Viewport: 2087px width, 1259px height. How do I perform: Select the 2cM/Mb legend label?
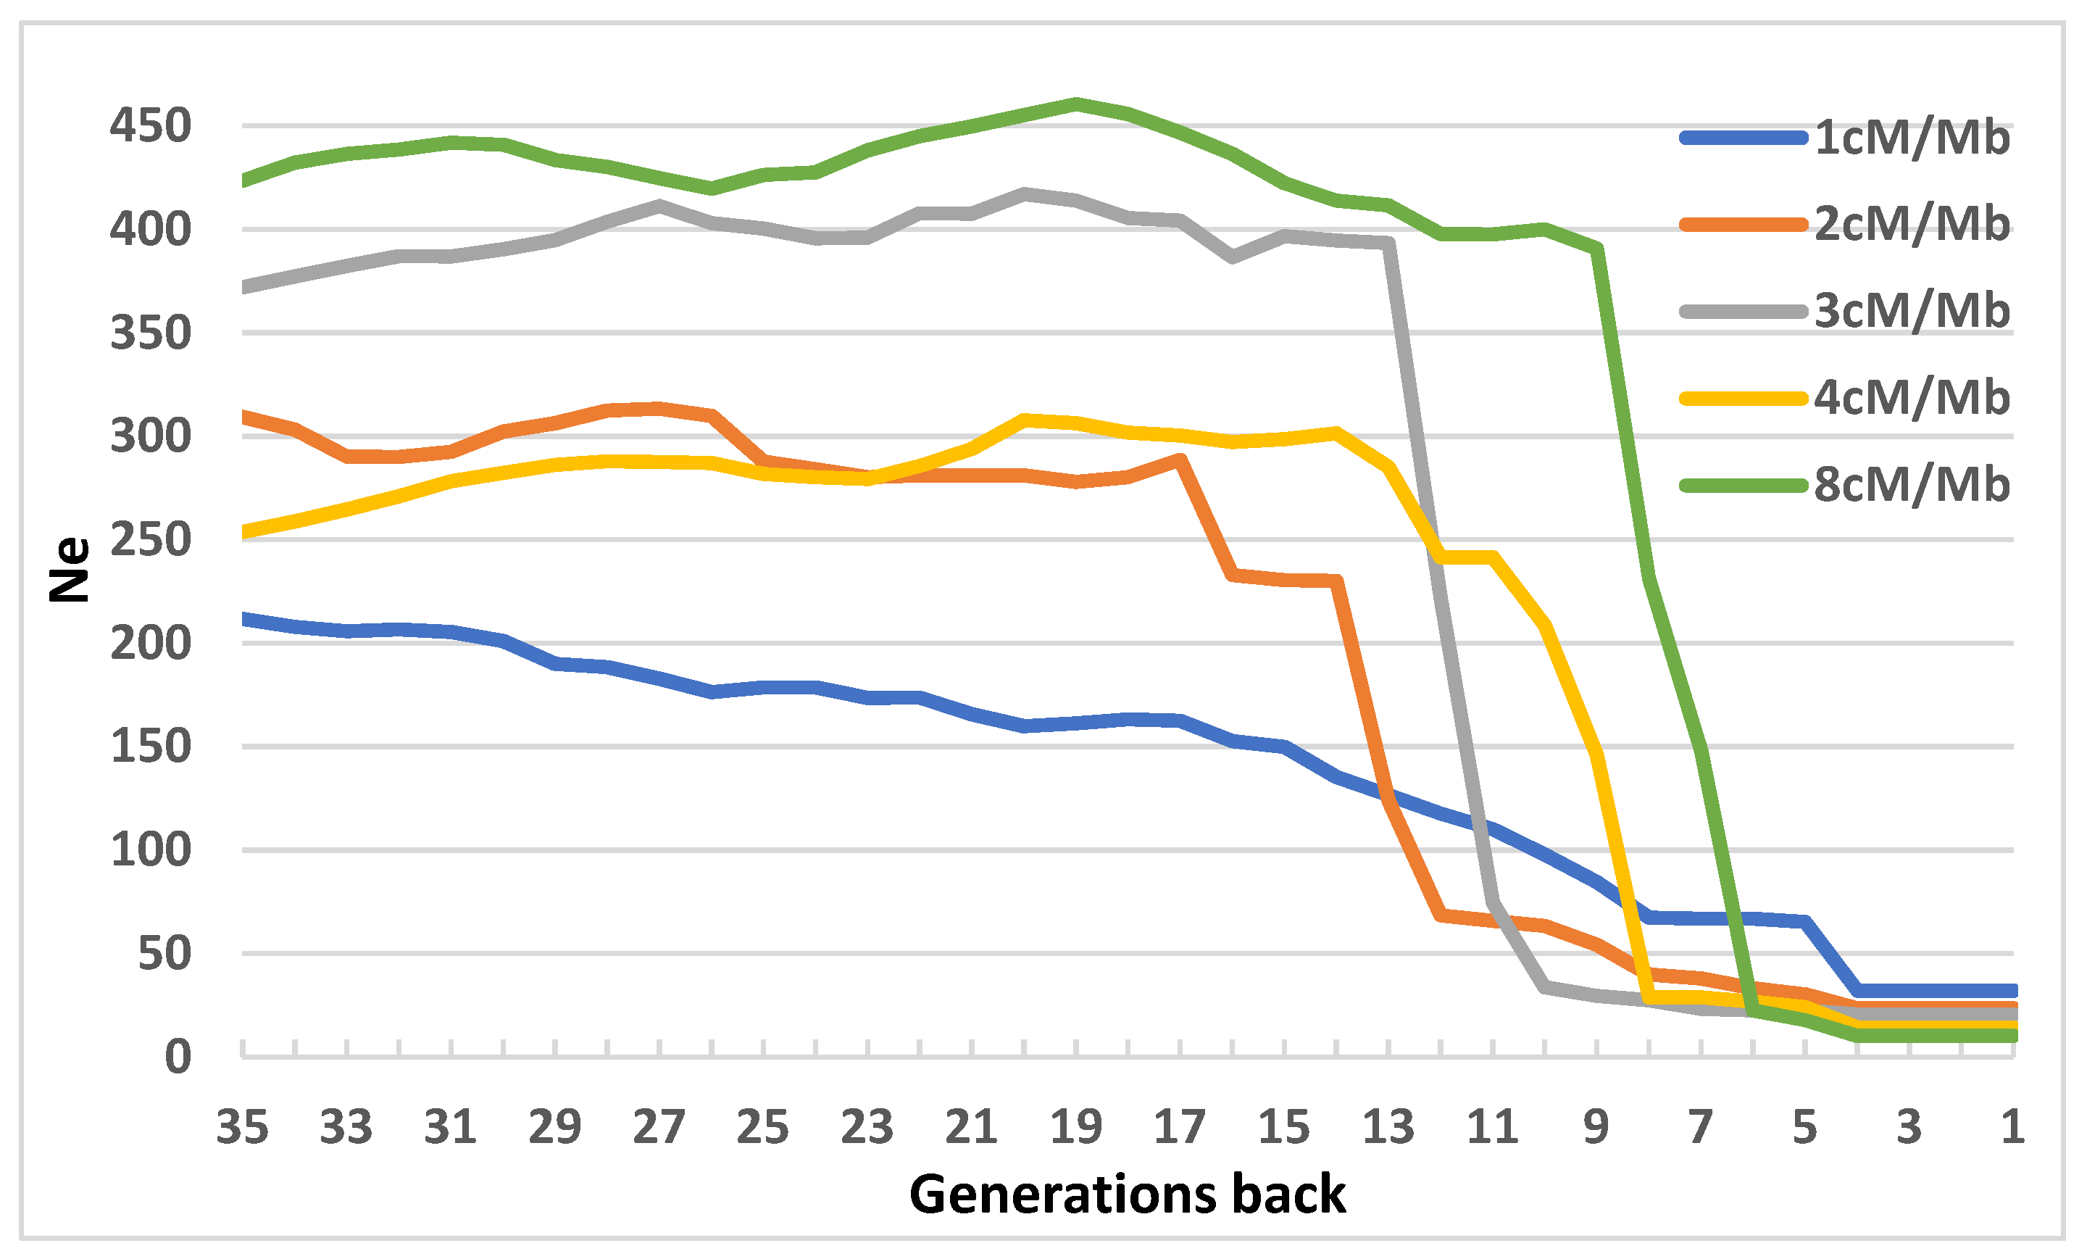(x=1912, y=224)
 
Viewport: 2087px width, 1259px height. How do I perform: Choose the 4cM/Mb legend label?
(x=1912, y=397)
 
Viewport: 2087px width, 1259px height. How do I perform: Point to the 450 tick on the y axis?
(x=151, y=126)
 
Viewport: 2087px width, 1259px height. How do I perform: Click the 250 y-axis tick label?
(x=151, y=540)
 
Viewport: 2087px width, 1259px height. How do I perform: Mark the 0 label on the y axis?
(x=178, y=1057)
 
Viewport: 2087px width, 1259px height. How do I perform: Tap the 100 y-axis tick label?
(x=151, y=849)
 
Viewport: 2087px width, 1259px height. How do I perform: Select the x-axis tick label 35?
(x=242, y=1127)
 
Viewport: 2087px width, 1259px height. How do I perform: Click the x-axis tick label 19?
(x=1075, y=1127)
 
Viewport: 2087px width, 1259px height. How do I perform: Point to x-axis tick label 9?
(x=1596, y=1127)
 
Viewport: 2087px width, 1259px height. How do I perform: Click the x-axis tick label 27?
(x=659, y=1127)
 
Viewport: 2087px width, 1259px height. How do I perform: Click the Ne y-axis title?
(x=70, y=570)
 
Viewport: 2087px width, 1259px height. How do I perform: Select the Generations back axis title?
(x=1128, y=1194)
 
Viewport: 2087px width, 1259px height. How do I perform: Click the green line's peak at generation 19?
(x=1075, y=104)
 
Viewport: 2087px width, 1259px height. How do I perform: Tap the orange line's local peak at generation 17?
(x=1180, y=460)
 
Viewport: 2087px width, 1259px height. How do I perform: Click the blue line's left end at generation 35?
(x=245, y=619)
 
